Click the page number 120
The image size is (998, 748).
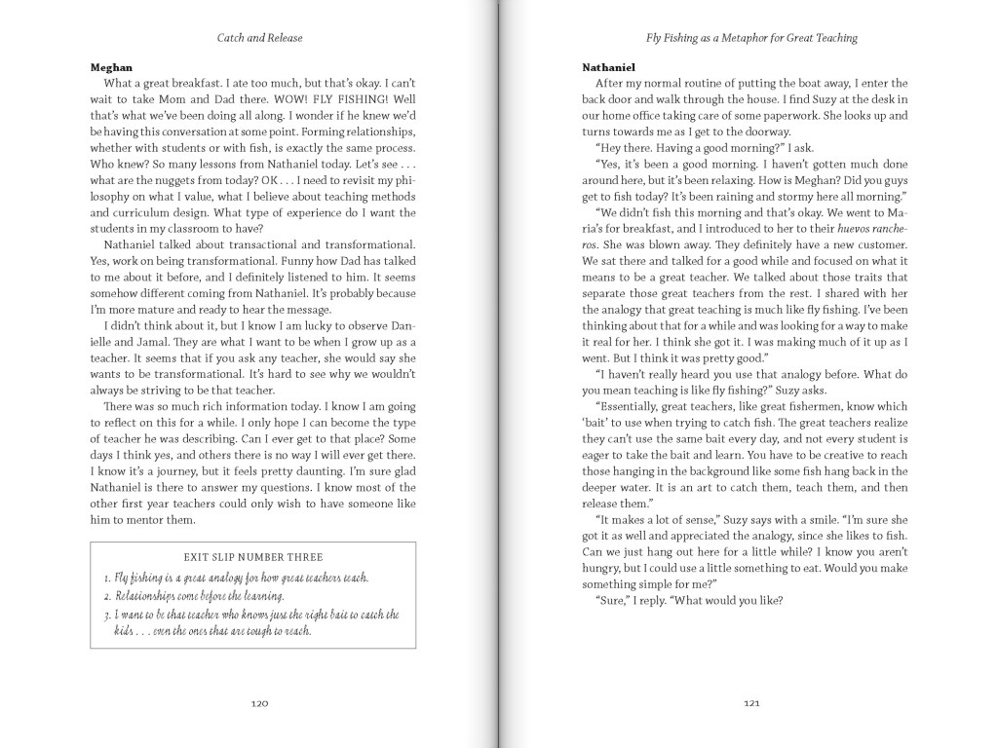pyautogui.click(x=259, y=703)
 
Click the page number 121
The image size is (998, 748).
pyautogui.click(x=750, y=703)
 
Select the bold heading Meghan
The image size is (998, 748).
pyautogui.click(x=111, y=67)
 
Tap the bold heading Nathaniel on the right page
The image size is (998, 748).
pyautogui.click(x=609, y=67)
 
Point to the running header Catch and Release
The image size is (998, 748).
pyautogui.click(x=259, y=38)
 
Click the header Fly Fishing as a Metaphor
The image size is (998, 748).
pyautogui.click(x=750, y=38)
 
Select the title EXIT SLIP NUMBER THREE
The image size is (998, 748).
pyautogui.click(x=252, y=557)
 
